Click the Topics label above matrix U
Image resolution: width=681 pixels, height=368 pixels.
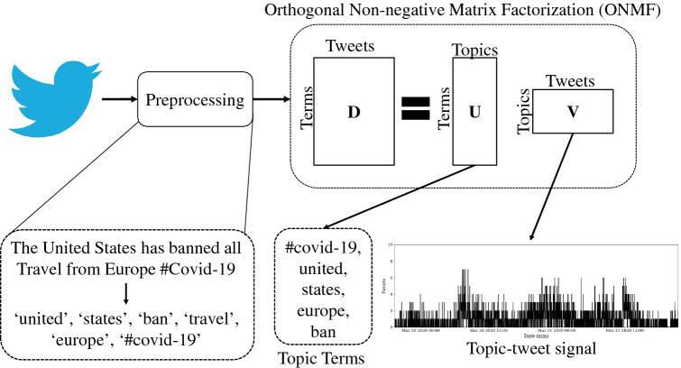click(x=476, y=52)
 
